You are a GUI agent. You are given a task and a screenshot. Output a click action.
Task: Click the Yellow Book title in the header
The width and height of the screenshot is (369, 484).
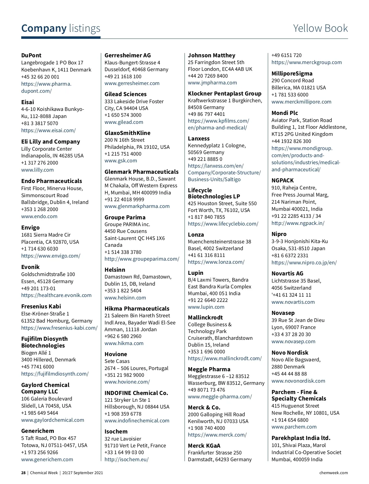click(x=320, y=28)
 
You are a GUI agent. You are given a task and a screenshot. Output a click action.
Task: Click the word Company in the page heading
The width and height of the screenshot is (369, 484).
click(x=44, y=28)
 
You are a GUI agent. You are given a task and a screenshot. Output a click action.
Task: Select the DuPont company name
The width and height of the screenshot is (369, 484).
click(x=31, y=55)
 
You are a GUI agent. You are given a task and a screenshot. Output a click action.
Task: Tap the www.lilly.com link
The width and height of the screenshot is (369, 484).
click(x=37, y=170)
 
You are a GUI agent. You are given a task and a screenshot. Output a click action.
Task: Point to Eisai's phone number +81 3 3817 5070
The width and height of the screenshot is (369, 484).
click(x=39, y=123)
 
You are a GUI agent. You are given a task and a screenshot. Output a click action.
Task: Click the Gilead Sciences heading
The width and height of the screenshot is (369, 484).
click(x=125, y=94)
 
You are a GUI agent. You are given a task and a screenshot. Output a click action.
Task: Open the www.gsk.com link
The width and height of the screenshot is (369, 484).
click(x=121, y=161)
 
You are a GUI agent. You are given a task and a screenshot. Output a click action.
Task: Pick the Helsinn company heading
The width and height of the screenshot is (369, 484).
click(x=115, y=270)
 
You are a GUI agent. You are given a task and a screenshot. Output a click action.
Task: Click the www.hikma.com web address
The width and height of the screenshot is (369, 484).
click(x=124, y=343)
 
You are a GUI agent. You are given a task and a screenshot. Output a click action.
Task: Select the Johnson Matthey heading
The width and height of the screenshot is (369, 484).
click(x=212, y=55)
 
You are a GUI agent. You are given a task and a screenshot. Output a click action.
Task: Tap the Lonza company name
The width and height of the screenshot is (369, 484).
click(x=196, y=235)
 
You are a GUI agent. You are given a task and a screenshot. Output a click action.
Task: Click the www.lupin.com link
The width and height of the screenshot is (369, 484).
click(x=206, y=307)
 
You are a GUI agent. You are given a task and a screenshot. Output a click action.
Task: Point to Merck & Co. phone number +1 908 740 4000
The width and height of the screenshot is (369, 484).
click(x=206, y=428)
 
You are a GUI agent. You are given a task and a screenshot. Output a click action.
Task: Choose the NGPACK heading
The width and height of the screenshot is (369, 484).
click(x=282, y=181)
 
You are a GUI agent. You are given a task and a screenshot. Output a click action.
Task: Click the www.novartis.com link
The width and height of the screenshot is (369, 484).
click(x=293, y=302)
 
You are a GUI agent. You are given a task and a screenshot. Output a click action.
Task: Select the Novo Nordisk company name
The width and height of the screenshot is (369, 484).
click(x=290, y=353)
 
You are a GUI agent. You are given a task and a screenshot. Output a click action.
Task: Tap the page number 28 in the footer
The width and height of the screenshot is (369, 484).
click(x=23, y=473)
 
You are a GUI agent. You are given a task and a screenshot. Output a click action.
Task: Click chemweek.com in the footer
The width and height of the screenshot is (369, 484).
click(x=333, y=473)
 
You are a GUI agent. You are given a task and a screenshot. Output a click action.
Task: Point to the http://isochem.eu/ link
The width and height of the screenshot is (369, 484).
click(x=126, y=459)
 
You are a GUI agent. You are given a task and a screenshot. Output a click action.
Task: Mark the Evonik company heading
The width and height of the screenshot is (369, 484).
click(x=30, y=267)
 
